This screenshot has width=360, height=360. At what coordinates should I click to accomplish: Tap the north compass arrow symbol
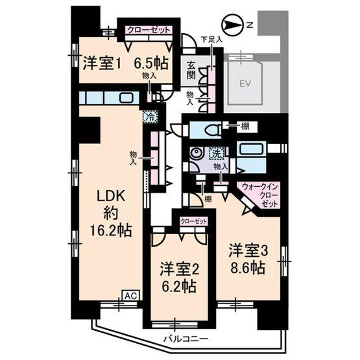232,25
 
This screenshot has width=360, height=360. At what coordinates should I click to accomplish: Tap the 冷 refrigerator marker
150,117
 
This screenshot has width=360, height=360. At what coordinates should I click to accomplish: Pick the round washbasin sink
195,154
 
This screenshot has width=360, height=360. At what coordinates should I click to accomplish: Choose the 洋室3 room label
246,250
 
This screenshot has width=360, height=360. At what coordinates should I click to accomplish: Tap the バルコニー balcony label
186,339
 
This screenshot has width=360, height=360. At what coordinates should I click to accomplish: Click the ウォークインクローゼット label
259,194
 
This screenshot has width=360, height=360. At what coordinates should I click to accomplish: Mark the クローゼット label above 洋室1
149,30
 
